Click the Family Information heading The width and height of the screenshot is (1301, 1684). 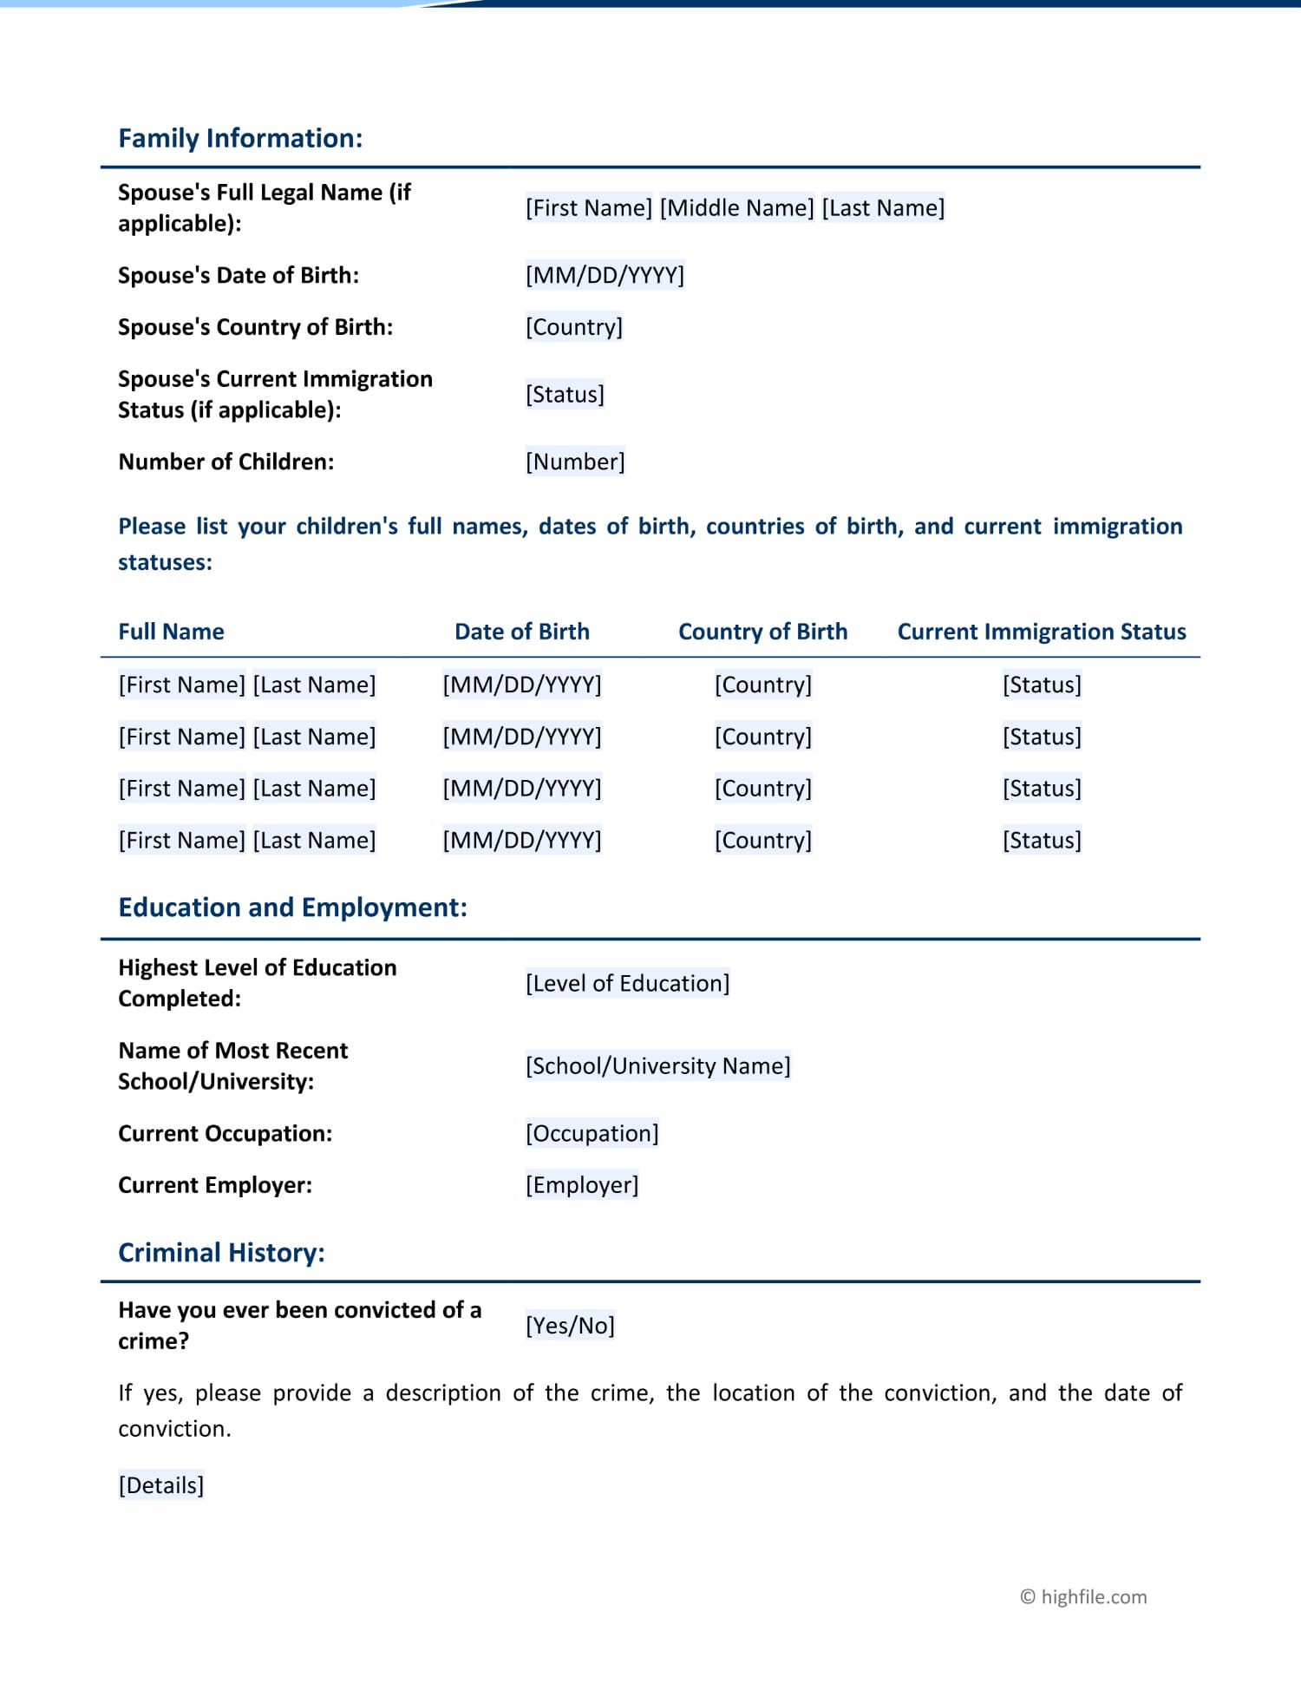tap(240, 139)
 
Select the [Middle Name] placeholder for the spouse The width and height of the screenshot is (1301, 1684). tap(736, 208)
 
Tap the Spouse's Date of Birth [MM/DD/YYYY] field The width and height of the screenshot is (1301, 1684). tap(605, 276)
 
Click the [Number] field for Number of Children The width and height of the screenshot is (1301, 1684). tap(575, 462)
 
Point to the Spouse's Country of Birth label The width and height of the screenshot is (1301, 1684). tap(255, 327)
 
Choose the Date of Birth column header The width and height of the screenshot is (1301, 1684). tap(521, 632)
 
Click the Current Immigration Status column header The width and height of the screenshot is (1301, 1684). tap(1041, 632)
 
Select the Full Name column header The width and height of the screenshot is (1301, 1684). tap(171, 632)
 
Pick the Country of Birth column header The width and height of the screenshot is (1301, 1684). tap(762, 632)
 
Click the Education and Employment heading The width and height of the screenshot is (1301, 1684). tap(292, 908)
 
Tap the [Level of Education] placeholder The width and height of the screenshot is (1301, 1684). tap(627, 983)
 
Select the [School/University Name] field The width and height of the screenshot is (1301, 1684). tap(657, 1065)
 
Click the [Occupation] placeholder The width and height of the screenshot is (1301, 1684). tap(592, 1133)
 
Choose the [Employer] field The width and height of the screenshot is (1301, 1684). tap(582, 1185)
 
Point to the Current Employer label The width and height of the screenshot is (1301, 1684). tap(215, 1185)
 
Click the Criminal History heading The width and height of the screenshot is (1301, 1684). tap(221, 1253)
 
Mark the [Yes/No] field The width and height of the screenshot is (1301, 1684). tap(570, 1326)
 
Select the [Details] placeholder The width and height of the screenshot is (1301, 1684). tap(161, 1485)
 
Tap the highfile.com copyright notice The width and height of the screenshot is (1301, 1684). tap(1083, 1597)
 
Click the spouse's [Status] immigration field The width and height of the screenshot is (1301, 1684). tap(565, 395)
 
